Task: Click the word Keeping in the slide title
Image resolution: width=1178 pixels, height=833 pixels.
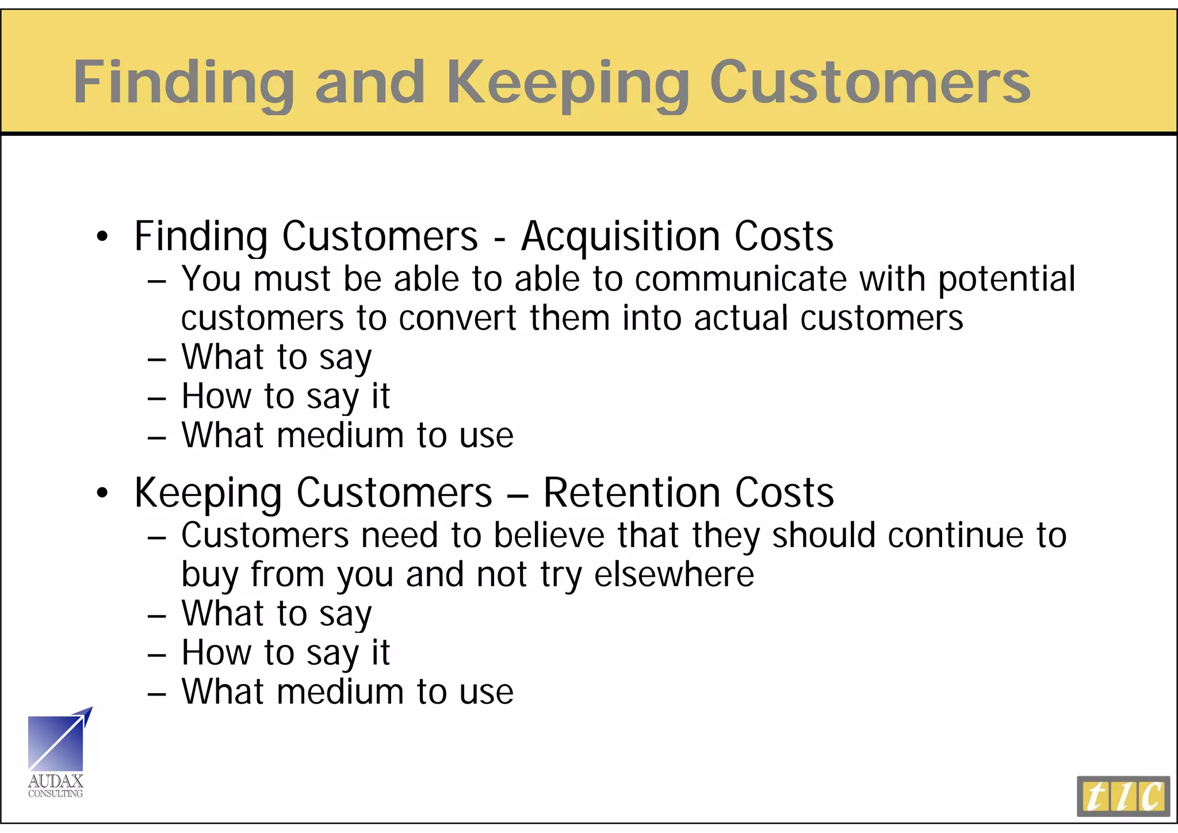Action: point(567,83)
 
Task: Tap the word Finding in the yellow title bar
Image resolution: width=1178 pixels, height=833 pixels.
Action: point(183,83)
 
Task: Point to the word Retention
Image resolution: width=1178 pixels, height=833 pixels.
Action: point(632,493)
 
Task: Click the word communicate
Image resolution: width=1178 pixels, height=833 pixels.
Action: point(741,279)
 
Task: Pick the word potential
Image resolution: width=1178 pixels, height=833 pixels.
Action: point(1006,280)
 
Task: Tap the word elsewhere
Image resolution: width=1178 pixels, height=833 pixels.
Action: point(674,574)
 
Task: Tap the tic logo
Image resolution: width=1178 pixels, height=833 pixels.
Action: point(1123,796)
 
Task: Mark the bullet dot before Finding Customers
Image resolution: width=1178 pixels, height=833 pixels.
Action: point(102,237)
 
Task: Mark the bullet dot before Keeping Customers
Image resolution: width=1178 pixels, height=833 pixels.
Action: point(102,494)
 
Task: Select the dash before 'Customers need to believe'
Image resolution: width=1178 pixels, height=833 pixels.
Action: point(156,538)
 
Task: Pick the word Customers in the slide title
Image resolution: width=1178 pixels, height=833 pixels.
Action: point(870,83)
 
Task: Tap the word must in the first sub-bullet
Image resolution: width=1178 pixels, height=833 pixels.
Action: point(292,279)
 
